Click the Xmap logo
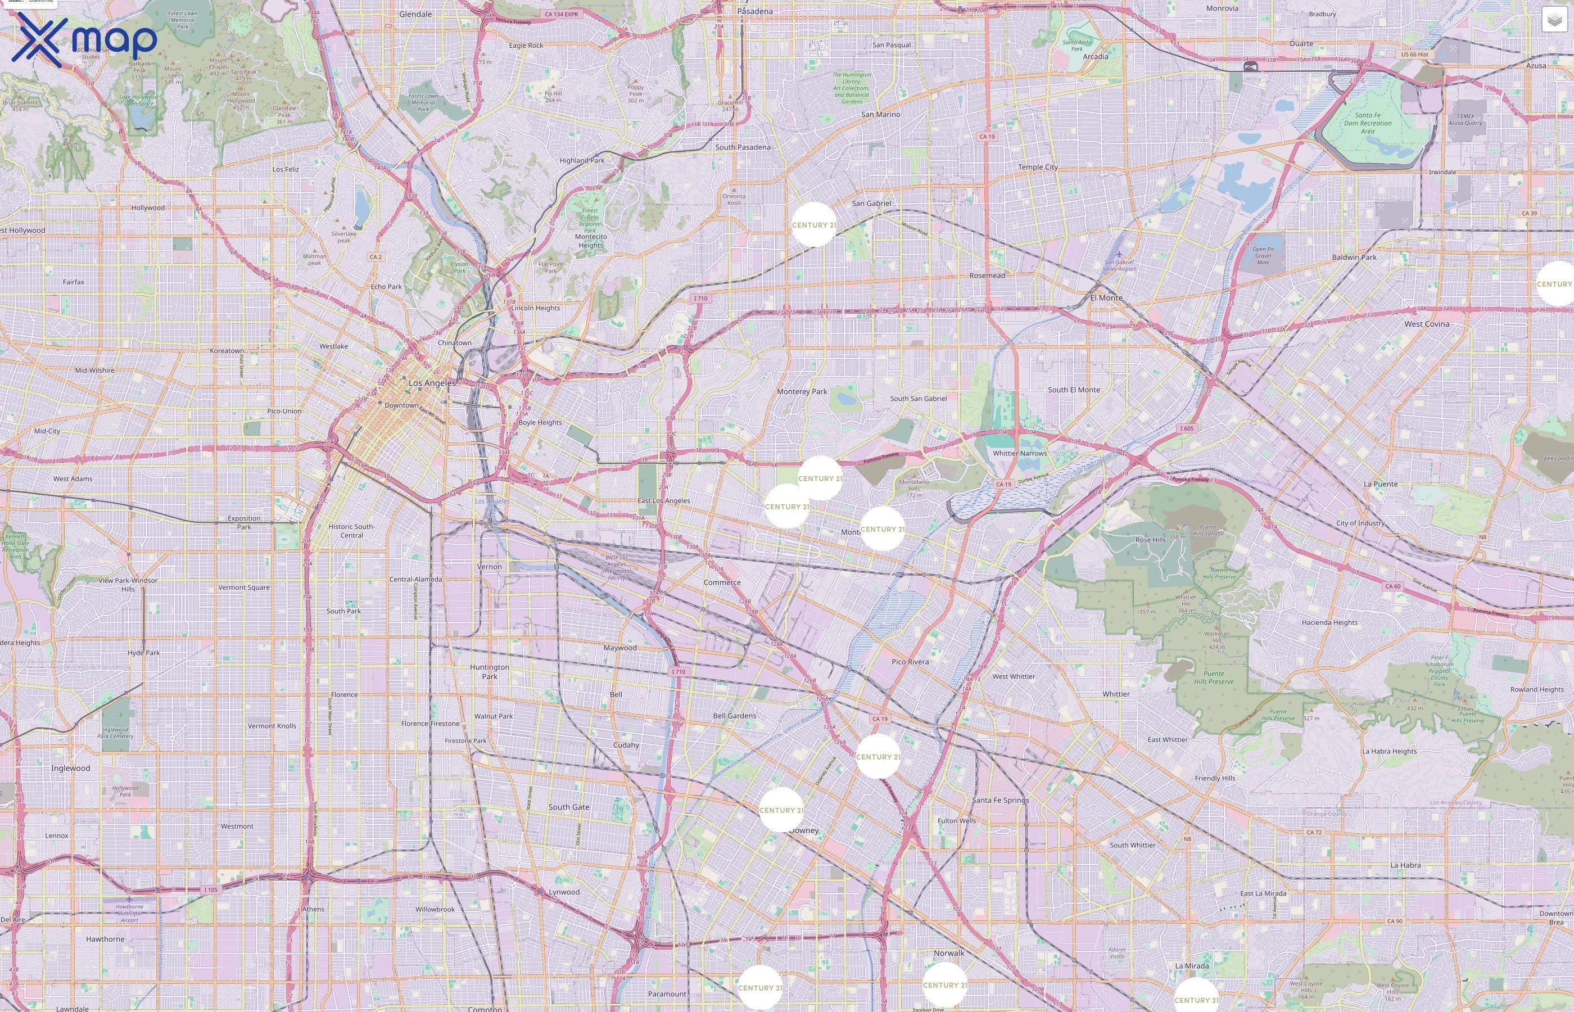point(84,39)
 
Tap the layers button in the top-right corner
point(1554,20)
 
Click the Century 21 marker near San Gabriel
point(813,225)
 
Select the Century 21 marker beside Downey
point(780,810)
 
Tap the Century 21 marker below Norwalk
point(944,984)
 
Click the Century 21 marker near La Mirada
point(1196,999)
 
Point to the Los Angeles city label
point(432,382)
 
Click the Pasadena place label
point(754,11)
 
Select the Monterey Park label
point(802,392)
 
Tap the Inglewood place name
point(70,768)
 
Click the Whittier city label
point(1115,694)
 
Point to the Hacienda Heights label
point(1329,622)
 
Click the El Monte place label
point(1106,297)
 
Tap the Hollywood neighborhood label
point(148,207)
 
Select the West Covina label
point(1426,324)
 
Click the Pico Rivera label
point(910,662)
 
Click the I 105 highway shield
point(210,890)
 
